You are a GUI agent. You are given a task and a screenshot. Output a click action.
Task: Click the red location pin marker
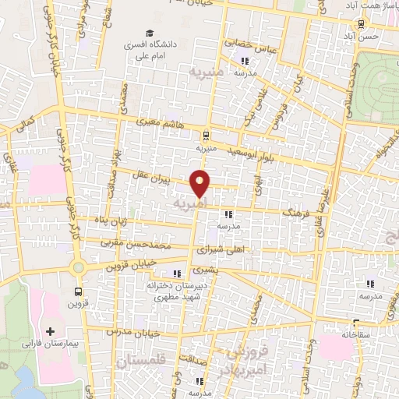point(200,182)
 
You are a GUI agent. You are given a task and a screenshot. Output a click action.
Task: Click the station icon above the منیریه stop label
point(205,133)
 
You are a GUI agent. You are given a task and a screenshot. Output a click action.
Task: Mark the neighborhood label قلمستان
point(141,362)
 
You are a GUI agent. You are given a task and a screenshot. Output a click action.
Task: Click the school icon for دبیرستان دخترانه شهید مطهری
point(177,274)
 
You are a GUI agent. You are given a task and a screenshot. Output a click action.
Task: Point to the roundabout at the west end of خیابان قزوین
point(77,267)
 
